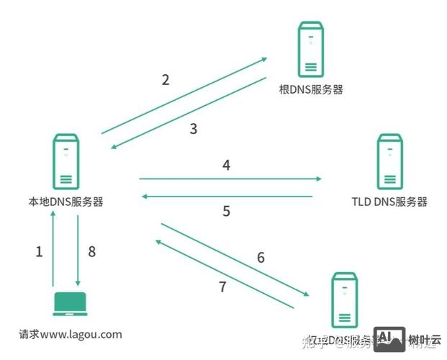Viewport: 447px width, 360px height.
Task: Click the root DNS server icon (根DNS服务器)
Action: pyautogui.click(x=311, y=50)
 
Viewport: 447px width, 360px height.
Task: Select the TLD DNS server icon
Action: pyautogui.click(x=391, y=161)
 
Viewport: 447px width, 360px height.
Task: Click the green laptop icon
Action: pyautogui.click(x=69, y=305)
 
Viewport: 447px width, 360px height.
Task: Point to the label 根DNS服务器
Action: pyautogui.click(x=311, y=91)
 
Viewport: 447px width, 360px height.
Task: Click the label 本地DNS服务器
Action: pyautogui.click(x=62, y=202)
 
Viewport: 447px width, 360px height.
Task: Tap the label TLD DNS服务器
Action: pyautogui.click(x=389, y=202)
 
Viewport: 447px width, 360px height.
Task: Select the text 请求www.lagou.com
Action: pyautogui.click(x=71, y=334)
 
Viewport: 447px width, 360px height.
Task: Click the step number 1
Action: pyautogui.click(x=40, y=252)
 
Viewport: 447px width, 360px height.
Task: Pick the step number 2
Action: pyautogui.click(x=166, y=80)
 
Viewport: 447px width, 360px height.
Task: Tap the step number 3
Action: pyautogui.click(x=193, y=130)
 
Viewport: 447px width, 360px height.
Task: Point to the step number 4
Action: pyautogui.click(x=226, y=166)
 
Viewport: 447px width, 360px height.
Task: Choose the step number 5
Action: pyautogui.click(x=226, y=212)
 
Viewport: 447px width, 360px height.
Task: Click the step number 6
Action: pyautogui.click(x=261, y=258)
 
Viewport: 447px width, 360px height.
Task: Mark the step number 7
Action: pyautogui.click(x=222, y=287)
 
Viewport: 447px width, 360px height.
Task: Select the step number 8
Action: pyautogui.click(x=91, y=252)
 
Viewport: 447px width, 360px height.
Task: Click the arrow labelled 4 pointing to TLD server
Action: pyautogui.click(x=230, y=178)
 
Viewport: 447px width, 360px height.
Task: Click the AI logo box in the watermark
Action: pyautogui.click(x=389, y=338)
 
